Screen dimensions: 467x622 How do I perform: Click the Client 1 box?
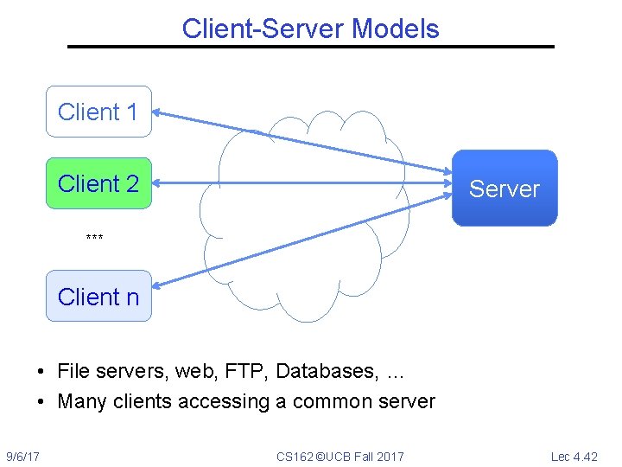click(98, 112)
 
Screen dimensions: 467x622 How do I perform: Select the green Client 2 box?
click(98, 183)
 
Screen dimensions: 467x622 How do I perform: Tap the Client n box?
click(98, 296)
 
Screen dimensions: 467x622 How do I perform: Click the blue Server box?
click(505, 189)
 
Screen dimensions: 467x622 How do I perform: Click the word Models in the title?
click(396, 29)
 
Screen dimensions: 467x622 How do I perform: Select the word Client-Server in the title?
click(263, 29)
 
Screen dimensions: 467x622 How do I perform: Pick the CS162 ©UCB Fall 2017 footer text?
click(340, 456)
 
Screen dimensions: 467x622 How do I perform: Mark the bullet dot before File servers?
click(41, 373)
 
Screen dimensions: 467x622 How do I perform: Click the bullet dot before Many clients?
click(41, 402)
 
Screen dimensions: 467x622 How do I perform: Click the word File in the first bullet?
click(73, 372)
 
